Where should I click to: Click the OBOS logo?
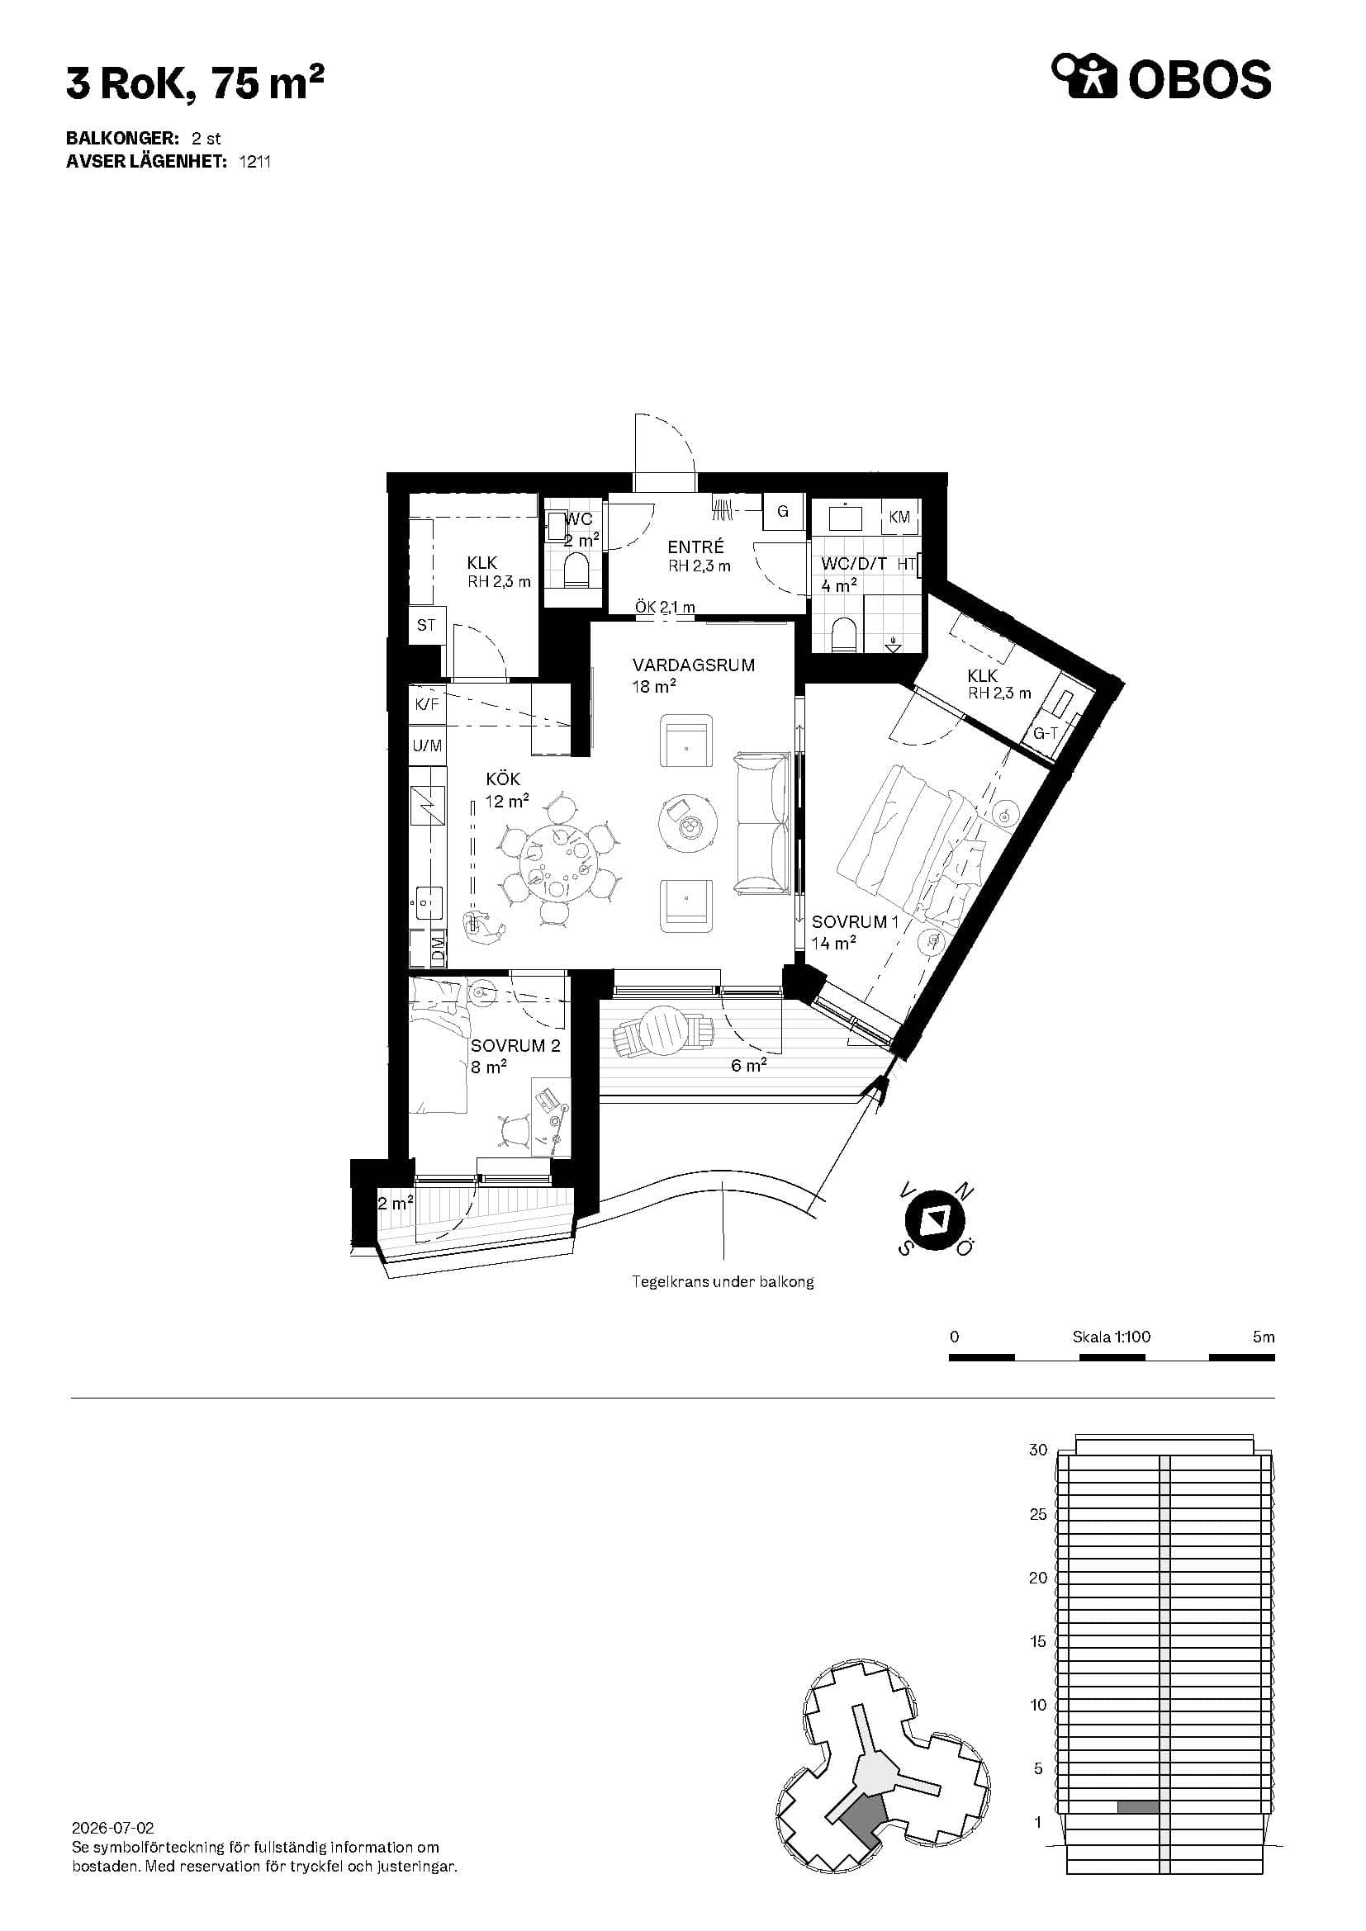click(x=1163, y=78)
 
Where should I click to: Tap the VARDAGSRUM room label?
click(x=694, y=665)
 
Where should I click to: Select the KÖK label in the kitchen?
click(x=503, y=779)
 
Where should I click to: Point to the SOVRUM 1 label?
click(x=855, y=922)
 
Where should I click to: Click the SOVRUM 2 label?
click(x=515, y=1046)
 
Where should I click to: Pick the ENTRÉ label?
click(x=695, y=547)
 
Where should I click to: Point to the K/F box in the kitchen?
click(x=426, y=705)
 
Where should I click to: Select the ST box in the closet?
click(x=425, y=626)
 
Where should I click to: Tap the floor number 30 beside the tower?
click(x=1038, y=1450)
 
